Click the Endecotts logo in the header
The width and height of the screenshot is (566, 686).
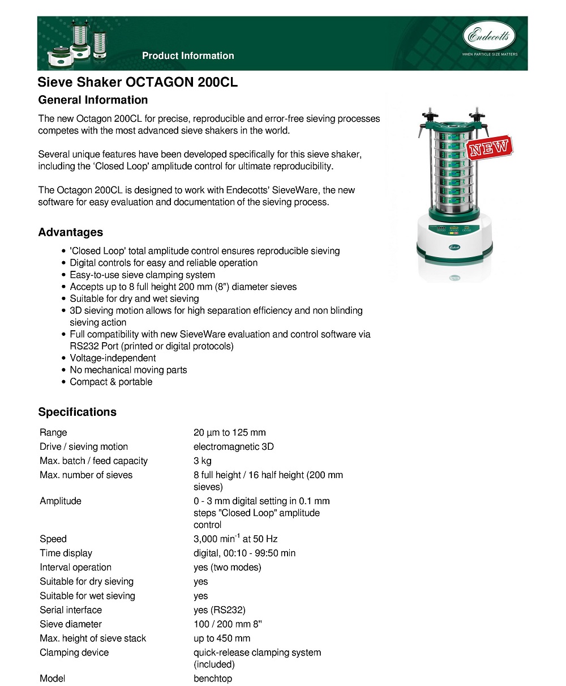click(490, 38)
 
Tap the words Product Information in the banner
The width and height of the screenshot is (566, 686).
click(188, 56)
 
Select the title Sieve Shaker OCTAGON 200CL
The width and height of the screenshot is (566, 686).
click(138, 82)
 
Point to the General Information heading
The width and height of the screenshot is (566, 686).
click(93, 100)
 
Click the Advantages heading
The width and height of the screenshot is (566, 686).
click(71, 232)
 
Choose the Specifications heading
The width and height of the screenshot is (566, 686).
click(78, 412)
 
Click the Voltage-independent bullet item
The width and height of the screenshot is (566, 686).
click(113, 358)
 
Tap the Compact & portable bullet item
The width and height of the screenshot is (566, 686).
click(111, 382)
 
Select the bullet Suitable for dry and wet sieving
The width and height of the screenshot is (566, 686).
click(134, 299)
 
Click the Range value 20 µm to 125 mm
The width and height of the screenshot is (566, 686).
click(229, 433)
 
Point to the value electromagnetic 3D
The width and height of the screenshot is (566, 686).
click(233, 447)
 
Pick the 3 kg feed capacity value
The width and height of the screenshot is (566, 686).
click(203, 461)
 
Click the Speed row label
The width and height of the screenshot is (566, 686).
click(53, 539)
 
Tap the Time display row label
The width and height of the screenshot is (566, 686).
click(66, 553)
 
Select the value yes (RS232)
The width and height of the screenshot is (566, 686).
click(220, 610)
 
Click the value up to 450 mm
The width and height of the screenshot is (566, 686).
click(222, 638)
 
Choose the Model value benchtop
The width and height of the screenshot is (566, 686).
click(213, 679)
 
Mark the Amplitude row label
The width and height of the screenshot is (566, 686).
click(61, 501)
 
